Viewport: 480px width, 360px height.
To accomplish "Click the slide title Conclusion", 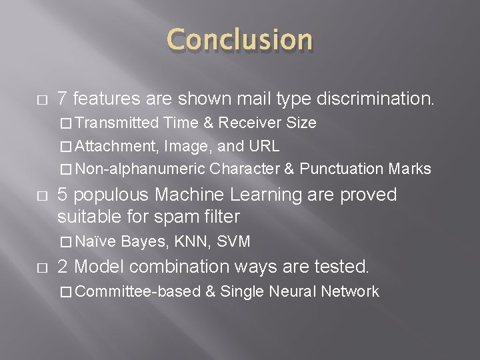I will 239,40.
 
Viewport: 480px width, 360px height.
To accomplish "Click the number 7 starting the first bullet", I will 62,99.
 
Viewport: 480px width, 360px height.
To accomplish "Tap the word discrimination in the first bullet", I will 379,99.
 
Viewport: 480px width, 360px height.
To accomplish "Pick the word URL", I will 265,146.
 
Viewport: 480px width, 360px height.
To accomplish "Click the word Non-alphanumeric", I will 140,169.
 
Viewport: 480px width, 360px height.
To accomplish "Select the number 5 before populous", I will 62,195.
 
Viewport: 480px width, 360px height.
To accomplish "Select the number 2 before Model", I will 62,267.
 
